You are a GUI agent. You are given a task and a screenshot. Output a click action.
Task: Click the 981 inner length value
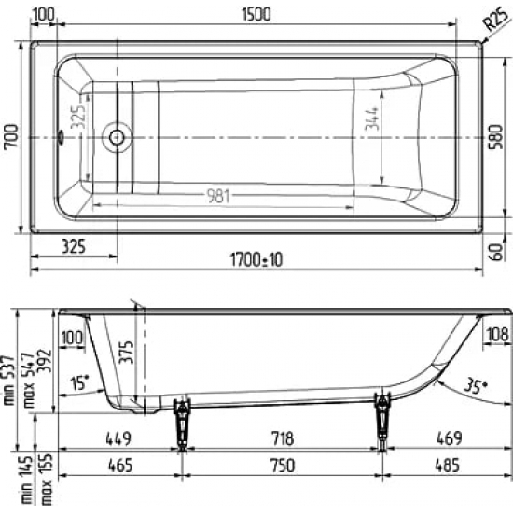coord(218,195)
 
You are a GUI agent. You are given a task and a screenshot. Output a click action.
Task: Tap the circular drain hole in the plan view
coord(118,137)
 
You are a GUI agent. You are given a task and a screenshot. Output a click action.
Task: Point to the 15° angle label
coord(80,381)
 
